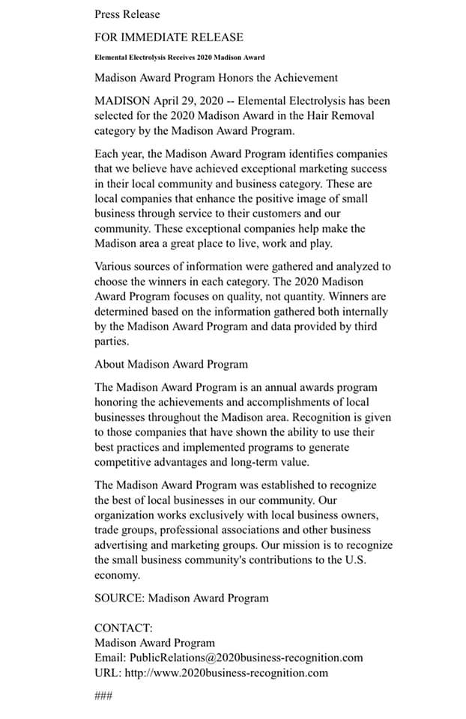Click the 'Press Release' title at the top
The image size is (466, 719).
click(x=127, y=13)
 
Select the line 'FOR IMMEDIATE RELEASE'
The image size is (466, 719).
click(x=169, y=36)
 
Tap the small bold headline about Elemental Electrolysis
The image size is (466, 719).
click(x=179, y=58)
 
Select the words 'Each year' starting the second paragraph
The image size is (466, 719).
click(x=118, y=154)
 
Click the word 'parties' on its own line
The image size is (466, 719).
click(x=112, y=342)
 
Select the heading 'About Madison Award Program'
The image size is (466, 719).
click(x=171, y=364)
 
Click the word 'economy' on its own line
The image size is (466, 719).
click(x=117, y=575)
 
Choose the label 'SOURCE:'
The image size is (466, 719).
click(x=119, y=598)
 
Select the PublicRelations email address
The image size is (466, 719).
click(x=246, y=658)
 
